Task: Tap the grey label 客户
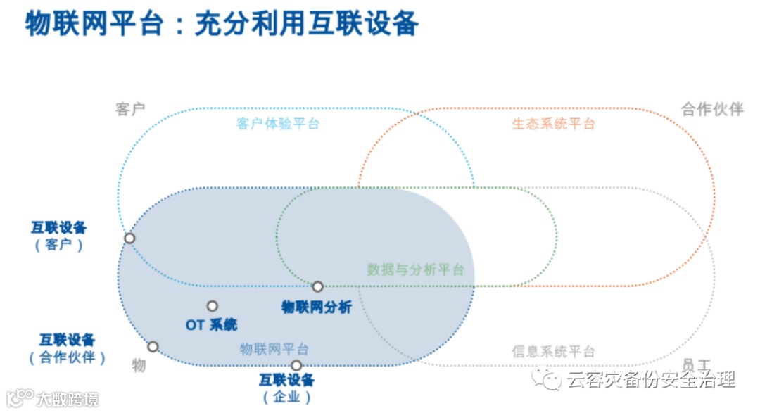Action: coord(130,109)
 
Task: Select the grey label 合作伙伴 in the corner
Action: coord(712,109)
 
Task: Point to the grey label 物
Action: coord(139,365)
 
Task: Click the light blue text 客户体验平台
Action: coord(278,125)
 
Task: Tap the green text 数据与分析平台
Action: coord(415,270)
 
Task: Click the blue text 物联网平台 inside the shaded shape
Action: coord(274,349)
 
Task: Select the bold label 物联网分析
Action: coord(316,307)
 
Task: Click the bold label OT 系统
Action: coord(212,324)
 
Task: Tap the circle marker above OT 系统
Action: coord(212,306)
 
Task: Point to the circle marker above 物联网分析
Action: coord(317,286)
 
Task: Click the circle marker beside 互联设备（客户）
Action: coord(129,238)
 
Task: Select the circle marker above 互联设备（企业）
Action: coord(296,365)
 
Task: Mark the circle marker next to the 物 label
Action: coord(153,346)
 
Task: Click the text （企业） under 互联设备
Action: coord(286,398)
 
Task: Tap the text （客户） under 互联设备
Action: coord(58,246)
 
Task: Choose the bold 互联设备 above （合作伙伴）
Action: coord(67,340)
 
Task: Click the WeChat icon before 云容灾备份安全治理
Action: coord(547,381)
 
